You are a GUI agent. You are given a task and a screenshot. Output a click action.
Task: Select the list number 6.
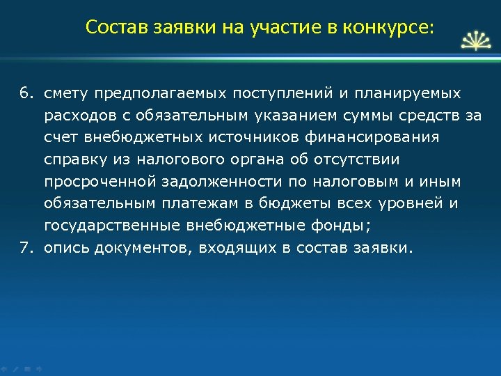tap(26, 93)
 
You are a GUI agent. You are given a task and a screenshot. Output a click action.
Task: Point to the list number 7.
tap(26, 247)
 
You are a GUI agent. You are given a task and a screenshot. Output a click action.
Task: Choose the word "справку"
tap(74, 160)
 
